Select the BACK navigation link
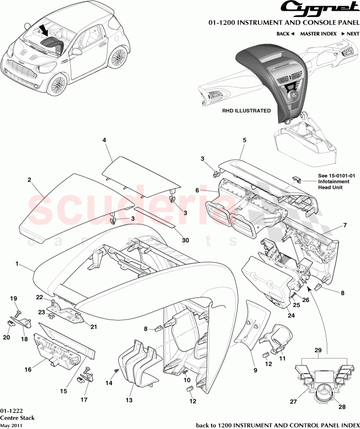(x=285, y=34)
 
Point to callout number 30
(x=185, y=240)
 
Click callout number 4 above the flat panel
(x=104, y=140)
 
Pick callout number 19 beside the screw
(x=14, y=299)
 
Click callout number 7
(x=344, y=225)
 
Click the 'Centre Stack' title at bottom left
(x=14, y=418)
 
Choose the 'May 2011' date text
(x=11, y=425)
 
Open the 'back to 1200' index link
(x=276, y=424)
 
